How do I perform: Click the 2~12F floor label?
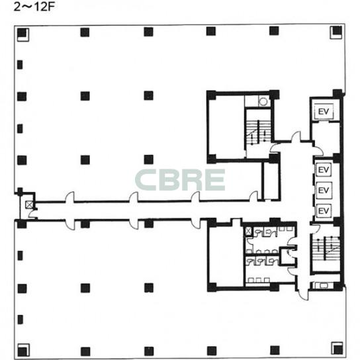34,7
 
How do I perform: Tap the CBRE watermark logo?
180,180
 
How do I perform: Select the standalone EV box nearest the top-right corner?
324,112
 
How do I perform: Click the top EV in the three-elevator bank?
324,170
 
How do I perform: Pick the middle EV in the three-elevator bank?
324,190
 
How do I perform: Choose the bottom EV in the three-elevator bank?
324,210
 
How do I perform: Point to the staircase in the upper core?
259,132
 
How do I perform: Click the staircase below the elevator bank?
326,248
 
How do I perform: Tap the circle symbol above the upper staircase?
263,101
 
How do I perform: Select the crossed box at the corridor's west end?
29,204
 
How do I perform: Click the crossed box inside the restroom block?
248,231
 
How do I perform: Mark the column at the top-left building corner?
22,33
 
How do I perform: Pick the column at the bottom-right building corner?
337,349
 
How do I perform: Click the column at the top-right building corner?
337,30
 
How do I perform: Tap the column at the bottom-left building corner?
22,352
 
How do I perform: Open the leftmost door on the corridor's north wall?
69,197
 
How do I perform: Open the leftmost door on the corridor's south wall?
69,224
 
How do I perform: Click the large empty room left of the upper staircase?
226,127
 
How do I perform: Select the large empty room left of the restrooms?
225,256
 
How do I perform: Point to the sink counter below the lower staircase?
323,285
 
